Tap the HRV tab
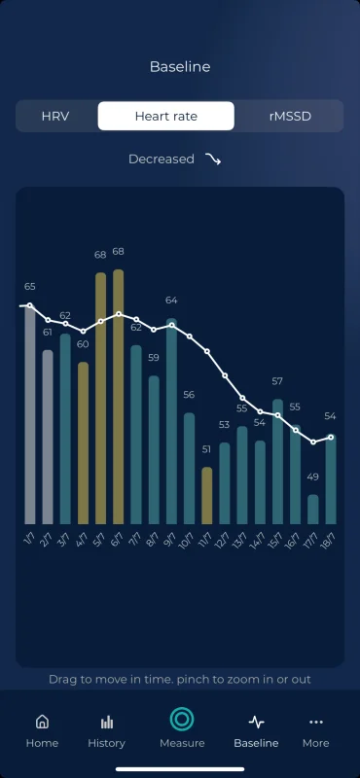(55, 116)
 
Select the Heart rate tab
(165, 116)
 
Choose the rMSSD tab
(290, 116)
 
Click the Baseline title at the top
(180, 67)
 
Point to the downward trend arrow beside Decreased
(213, 159)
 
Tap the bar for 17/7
(313, 509)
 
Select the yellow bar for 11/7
(207, 496)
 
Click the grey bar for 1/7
(30, 415)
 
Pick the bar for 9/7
(171, 421)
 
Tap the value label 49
(313, 477)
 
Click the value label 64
(171, 301)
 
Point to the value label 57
(277, 381)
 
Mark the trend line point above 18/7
(331, 437)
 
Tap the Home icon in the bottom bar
(42, 722)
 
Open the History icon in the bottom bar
(107, 722)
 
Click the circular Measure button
(182, 720)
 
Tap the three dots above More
(316, 722)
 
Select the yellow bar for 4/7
(83, 443)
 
